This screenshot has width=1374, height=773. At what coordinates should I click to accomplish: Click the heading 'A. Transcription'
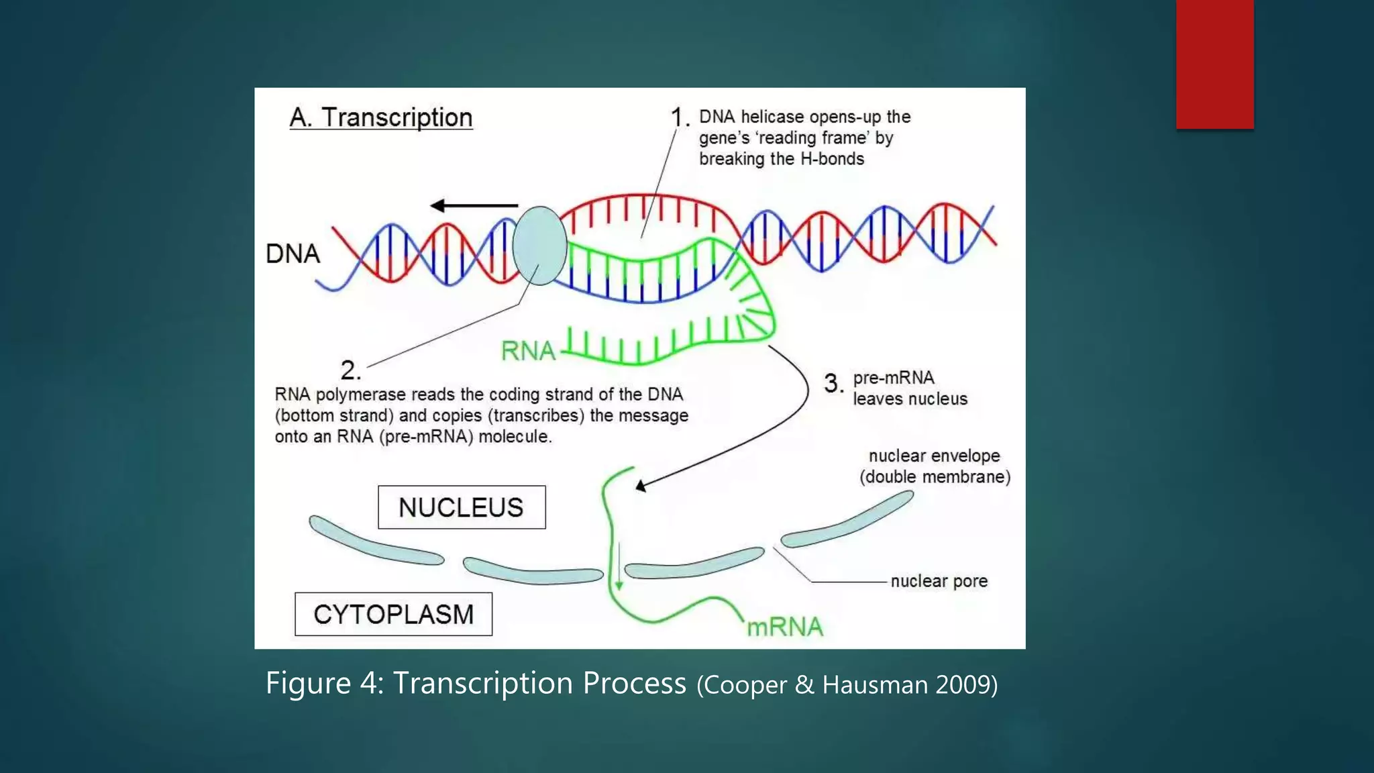380,117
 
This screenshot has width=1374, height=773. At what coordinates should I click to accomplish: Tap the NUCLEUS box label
461,507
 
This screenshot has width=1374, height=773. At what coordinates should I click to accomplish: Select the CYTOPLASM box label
393,614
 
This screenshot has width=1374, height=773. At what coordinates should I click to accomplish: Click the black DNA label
293,254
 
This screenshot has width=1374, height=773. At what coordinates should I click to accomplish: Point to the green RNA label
528,350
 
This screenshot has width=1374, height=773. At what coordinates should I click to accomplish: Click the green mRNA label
784,627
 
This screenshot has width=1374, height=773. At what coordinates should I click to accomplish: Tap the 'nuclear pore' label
939,581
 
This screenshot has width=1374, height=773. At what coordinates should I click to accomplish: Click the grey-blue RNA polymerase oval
539,246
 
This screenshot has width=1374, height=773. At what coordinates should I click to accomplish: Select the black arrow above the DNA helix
474,205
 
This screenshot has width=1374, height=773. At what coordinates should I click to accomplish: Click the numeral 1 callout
679,117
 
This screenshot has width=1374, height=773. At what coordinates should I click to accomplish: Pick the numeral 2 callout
350,370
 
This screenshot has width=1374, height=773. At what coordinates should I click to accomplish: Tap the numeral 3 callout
833,384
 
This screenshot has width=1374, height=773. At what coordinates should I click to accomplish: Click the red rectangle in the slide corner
1214,64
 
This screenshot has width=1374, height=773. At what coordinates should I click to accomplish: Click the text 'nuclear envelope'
934,456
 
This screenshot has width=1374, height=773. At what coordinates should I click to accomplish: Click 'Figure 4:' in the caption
324,683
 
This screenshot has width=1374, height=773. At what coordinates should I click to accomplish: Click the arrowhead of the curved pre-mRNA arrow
641,485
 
